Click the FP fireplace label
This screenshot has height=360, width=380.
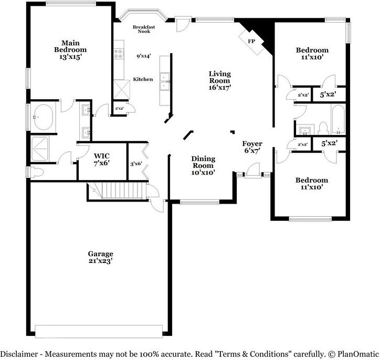[251, 40]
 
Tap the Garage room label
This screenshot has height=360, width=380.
[100, 257]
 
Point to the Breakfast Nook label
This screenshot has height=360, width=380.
[141, 29]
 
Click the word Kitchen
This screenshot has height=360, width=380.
[143, 79]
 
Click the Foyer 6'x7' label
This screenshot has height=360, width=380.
[252, 147]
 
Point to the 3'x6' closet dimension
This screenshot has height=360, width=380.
[136, 164]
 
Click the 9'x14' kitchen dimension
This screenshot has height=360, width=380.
[143, 56]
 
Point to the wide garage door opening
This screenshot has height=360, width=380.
[99, 331]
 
